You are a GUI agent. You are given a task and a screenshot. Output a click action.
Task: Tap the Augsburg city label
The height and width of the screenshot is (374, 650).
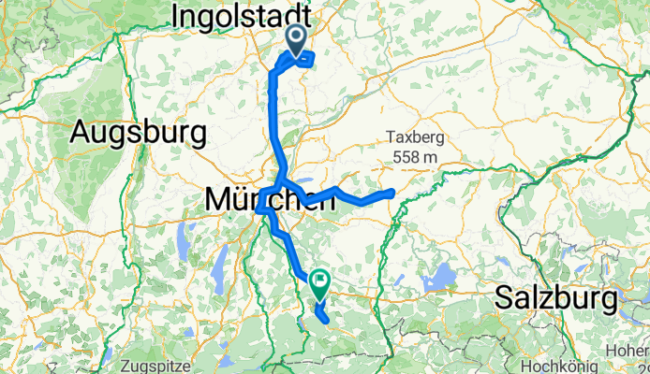pyautogui.click(x=138, y=133)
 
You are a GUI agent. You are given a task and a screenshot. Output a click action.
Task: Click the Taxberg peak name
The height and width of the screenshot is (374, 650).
pyautogui.click(x=413, y=137)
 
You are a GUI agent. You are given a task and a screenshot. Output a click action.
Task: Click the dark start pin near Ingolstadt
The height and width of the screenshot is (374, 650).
pyautogui.click(x=296, y=40)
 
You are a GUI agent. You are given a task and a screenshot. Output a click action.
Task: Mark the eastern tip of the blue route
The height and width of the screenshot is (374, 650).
pyautogui.click(x=391, y=192)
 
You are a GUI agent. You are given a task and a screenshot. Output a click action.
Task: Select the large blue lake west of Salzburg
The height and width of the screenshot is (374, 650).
pyautogui.click(x=435, y=280)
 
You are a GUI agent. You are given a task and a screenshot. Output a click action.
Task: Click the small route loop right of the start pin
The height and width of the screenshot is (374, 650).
pyautogui.click(x=306, y=58)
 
